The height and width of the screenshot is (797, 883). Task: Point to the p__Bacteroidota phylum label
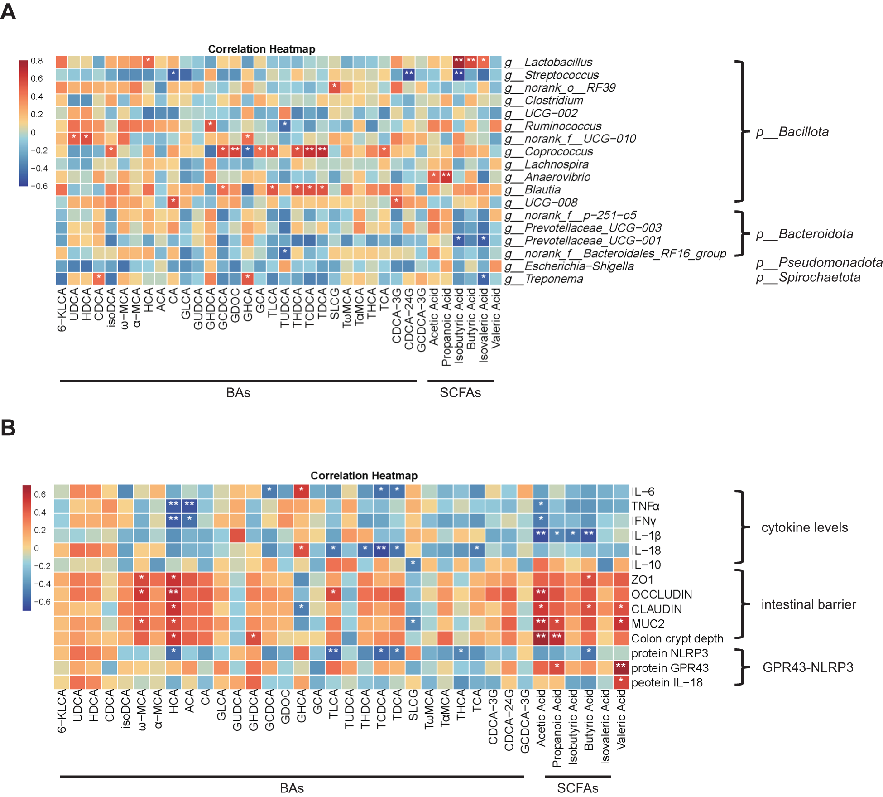(x=805, y=234)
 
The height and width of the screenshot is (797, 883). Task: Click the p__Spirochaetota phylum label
(x=808, y=277)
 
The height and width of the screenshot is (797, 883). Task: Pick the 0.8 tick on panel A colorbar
(x=37, y=61)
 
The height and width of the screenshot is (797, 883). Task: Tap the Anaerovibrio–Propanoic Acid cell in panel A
(x=446, y=176)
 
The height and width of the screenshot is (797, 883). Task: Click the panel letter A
(x=8, y=12)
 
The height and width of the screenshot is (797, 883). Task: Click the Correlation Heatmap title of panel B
(x=364, y=476)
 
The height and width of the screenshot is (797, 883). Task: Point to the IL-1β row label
(x=646, y=536)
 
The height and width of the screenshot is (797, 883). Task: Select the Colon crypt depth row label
(x=677, y=638)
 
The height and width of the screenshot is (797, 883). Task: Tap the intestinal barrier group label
(x=808, y=604)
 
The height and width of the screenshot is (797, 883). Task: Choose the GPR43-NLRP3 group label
(x=808, y=667)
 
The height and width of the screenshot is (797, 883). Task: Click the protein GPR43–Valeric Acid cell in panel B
(x=620, y=667)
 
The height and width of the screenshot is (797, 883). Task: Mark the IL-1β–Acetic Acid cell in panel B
(x=541, y=534)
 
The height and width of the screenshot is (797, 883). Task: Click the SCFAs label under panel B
(x=577, y=788)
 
